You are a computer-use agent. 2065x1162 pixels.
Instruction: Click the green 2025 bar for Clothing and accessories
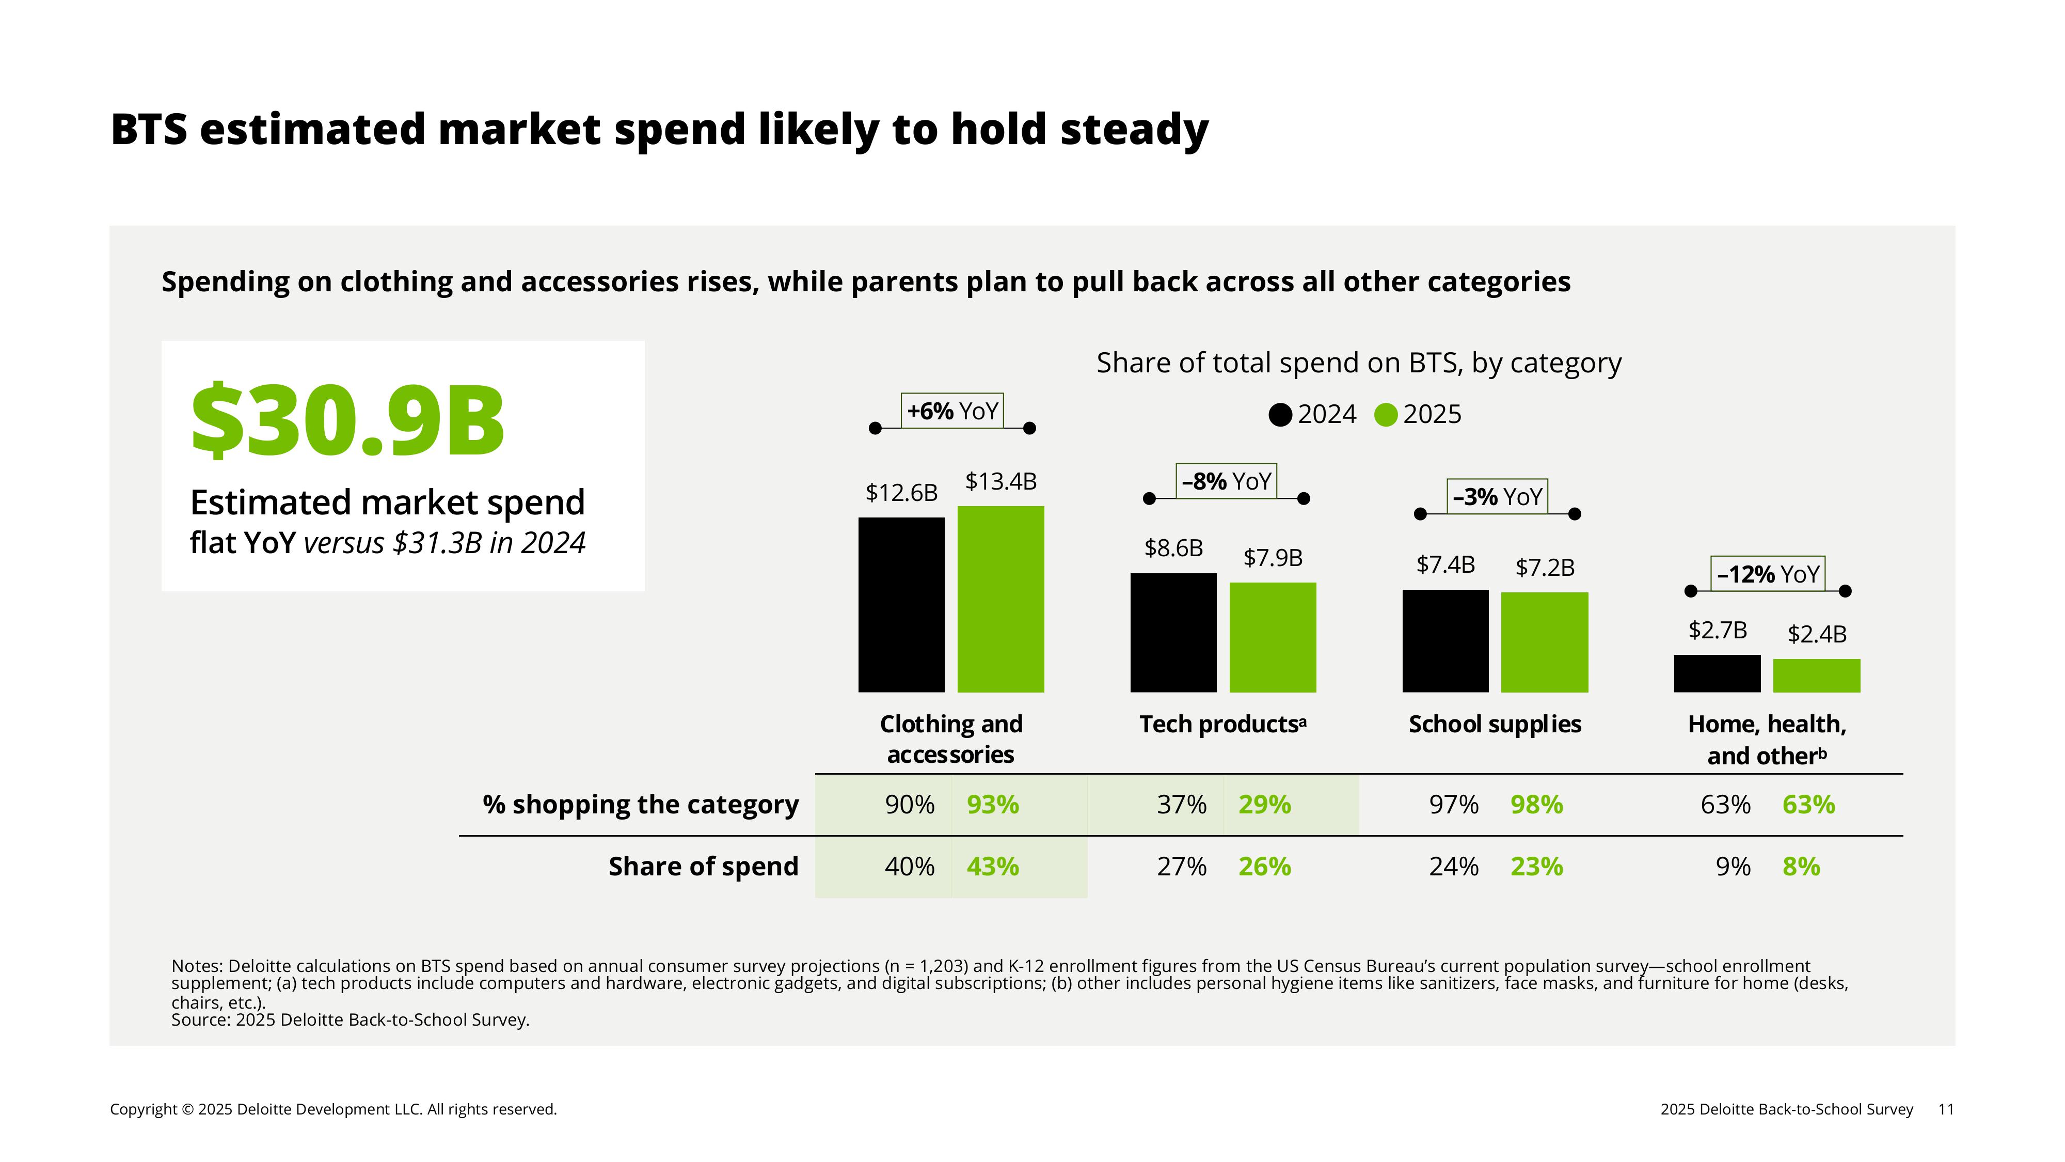coord(1000,599)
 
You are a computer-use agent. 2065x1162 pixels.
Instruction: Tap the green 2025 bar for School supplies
coord(1544,642)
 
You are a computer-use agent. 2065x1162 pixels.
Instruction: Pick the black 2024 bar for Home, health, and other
coord(1717,673)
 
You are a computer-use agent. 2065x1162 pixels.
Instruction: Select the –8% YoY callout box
coord(1226,481)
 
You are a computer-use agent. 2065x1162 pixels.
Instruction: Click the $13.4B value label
coord(1000,481)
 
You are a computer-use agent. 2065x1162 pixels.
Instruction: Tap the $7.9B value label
coord(1272,557)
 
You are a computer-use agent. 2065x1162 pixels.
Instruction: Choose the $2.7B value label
coord(1717,630)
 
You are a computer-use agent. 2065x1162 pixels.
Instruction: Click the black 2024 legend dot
coord(1280,415)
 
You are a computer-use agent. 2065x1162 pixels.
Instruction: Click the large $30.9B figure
coord(347,421)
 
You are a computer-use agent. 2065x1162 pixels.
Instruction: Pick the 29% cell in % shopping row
coord(1264,804)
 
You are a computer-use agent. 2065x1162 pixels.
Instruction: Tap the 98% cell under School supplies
coord(1536,804)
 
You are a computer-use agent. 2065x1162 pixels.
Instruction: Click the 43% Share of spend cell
coord(992,867)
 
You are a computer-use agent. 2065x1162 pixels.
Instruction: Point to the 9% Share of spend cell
coord(1733,867)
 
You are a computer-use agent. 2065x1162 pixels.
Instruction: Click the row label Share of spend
coord(703,867)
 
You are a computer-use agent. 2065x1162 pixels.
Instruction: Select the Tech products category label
coord(1222,724)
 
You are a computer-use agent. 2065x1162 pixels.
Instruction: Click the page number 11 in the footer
coord(1946,1109)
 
